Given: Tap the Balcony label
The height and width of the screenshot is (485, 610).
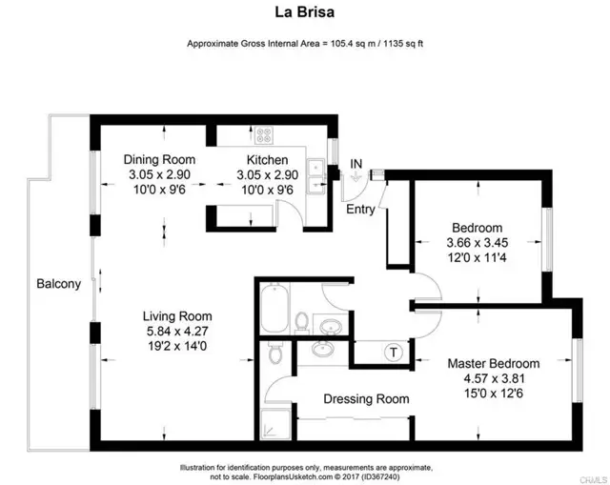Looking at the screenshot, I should (x=58, y=284).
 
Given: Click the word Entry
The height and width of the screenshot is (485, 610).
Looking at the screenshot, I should (x=360, y=209).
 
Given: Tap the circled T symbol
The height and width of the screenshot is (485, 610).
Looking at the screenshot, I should (x=392, y=353).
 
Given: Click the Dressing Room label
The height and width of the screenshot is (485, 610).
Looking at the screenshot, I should (x=366, y=399).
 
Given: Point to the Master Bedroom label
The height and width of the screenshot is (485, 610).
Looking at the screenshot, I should (x=494, y=363).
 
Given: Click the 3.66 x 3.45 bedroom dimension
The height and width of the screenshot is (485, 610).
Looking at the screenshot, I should (x=477, y=242).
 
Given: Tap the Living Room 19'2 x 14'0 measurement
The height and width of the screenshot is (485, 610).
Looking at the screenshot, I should (x=176, y=348).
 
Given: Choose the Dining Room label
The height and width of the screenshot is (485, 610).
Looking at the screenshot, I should (x=161, y=159).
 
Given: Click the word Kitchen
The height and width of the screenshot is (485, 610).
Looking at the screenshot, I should (x=267, y=159).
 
